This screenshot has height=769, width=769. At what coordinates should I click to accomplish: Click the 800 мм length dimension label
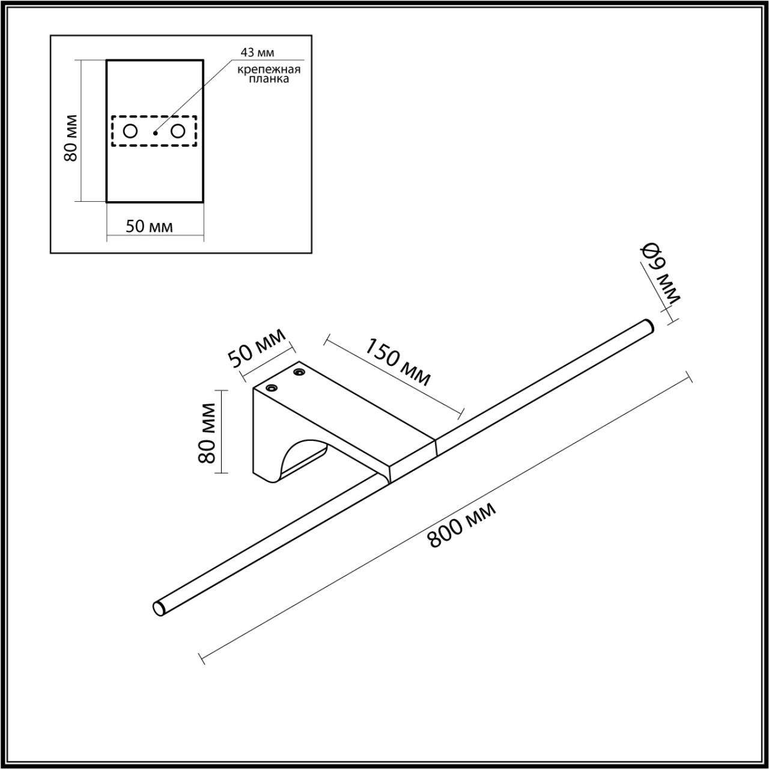tap(461, 526)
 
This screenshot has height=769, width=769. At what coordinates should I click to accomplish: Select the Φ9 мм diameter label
tap(661, 273)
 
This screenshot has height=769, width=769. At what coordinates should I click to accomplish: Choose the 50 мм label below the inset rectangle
tap(149, 226)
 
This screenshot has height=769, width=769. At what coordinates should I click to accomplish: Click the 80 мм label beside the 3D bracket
tap(207, 433)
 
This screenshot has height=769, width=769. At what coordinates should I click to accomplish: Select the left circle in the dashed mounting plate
tap(130, 131)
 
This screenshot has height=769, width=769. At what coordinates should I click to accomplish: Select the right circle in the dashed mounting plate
tap(178, 131)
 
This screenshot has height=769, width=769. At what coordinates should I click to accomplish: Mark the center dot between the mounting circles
tap(155, 133)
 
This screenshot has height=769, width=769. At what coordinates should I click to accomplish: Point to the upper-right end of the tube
tap(647, 324)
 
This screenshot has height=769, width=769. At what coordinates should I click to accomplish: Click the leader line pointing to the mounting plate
tap(192, 96)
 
